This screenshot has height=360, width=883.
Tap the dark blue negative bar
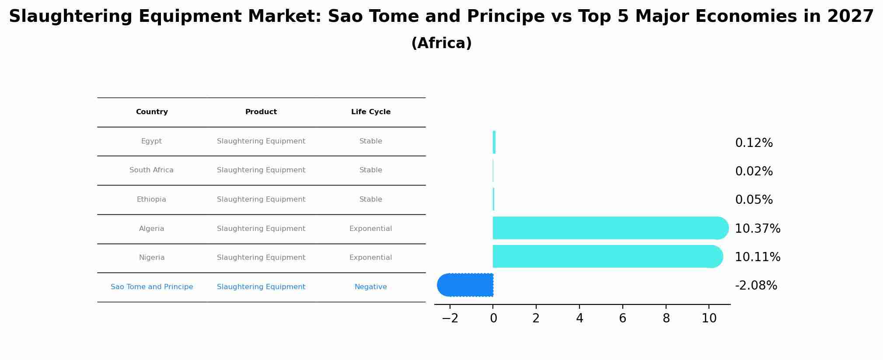(x=465, y=285)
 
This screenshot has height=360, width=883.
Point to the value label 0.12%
(x=754, y=143)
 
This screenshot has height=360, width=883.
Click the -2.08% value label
(x=756, y=286)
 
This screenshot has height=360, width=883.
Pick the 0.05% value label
(x=754, y=200)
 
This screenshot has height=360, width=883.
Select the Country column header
(x=152, y=112)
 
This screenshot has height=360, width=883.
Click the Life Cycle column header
(x=370, y=112)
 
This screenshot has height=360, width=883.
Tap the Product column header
(x=261, y=112)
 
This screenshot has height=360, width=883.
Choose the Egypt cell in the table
(x=151, y=141)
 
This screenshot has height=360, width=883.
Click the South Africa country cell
(x=151, y=170)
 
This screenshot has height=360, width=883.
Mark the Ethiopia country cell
(x=151, y=199)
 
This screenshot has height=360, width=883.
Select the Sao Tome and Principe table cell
(x=152, y=287)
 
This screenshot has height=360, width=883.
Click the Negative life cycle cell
(x=370, y=287)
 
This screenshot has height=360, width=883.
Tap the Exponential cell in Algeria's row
(x=370, y=229)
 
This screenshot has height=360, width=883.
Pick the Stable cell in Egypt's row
(x=370, y=141)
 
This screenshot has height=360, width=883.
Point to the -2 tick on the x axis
(x=450, y=318)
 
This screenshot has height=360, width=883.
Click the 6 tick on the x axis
(x=623, y=318)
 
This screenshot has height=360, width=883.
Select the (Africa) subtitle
(x=441, y=43)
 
